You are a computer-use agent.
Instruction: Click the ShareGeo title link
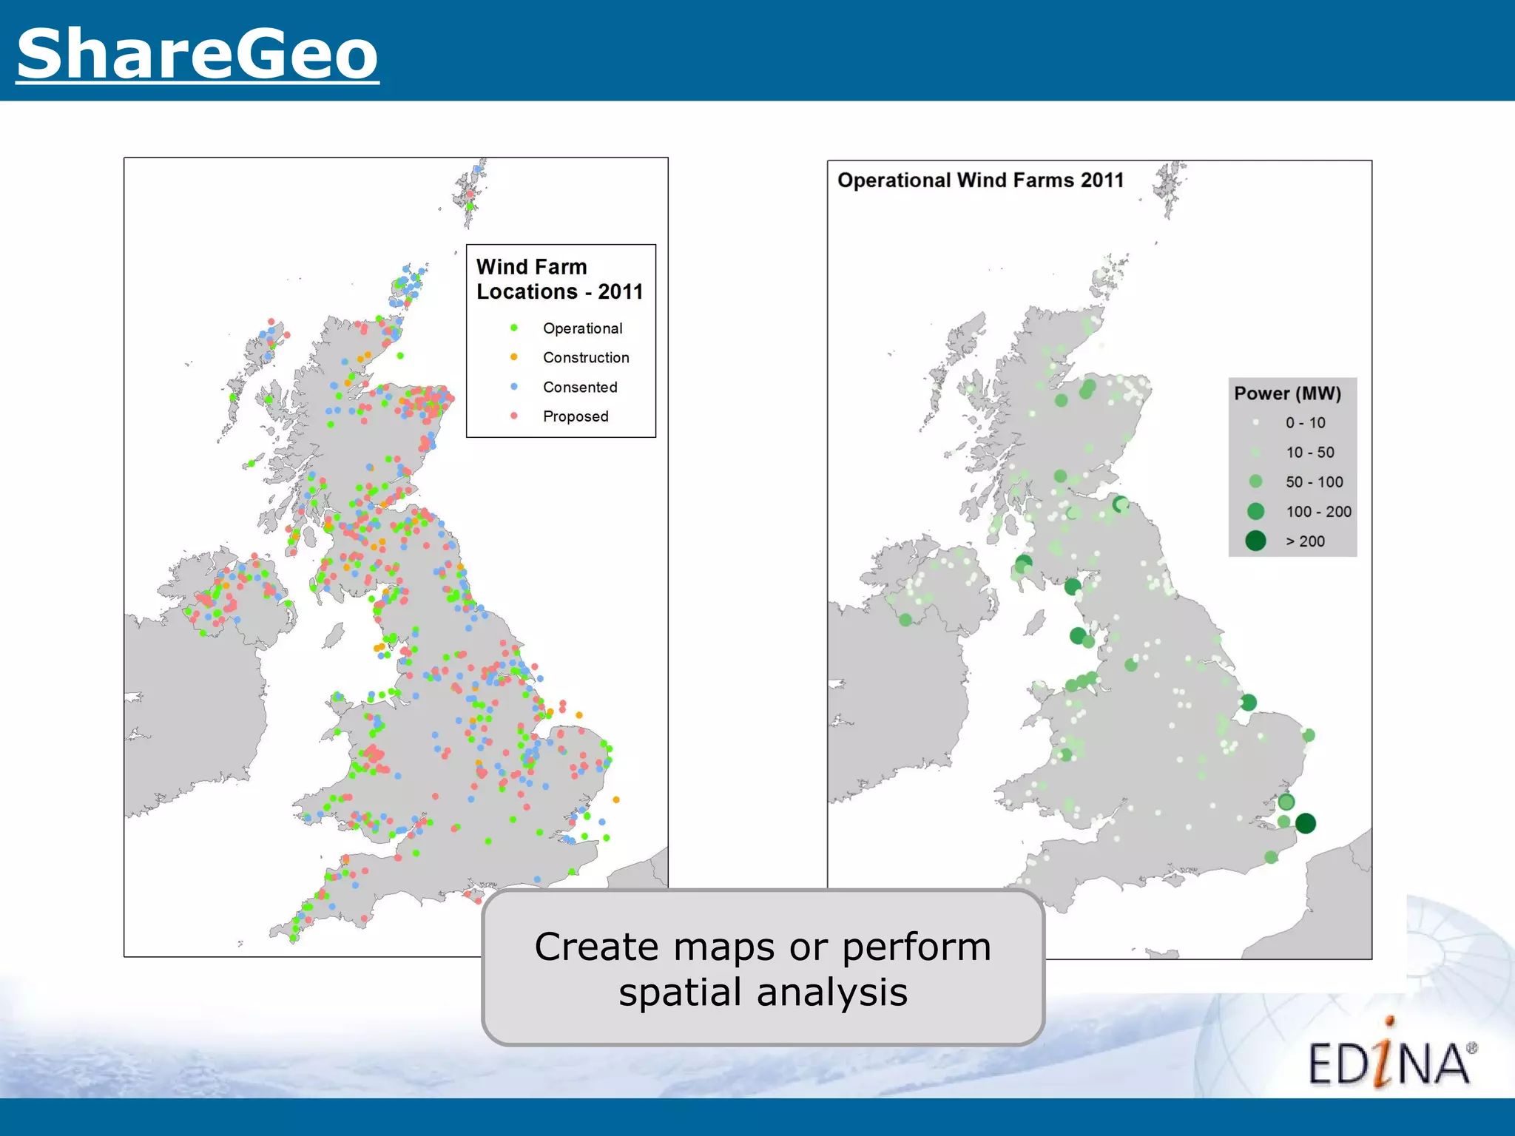198,53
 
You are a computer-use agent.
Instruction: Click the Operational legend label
582,328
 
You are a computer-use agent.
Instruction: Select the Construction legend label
586,358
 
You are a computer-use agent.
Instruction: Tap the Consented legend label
580,388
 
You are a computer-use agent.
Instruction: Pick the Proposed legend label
576,416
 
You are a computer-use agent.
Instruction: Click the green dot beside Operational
514,328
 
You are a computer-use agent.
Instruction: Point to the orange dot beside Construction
514,357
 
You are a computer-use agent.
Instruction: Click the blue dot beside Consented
514,387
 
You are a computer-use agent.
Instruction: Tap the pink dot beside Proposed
514,416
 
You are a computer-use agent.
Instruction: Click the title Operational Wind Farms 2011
980,180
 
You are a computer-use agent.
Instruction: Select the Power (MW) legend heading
1287,393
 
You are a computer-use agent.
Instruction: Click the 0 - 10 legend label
1306,423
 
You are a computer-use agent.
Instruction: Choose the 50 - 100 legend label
1314,482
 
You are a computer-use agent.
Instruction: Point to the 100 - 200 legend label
1318,512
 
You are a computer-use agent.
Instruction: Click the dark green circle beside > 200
1255,541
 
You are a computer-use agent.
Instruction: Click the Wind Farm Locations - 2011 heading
559,279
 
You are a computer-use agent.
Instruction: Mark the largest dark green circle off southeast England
1306,823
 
